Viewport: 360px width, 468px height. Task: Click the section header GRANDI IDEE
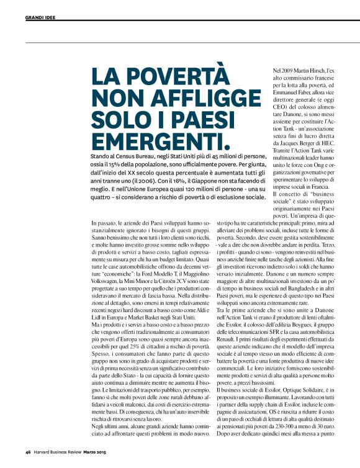pos(40,17)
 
